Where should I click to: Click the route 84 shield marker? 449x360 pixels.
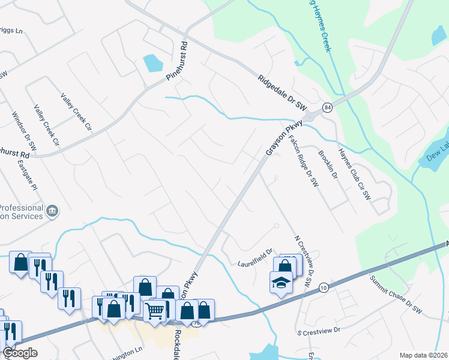(x=327, y=107)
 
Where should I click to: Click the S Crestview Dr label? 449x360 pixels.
(x=319, y=331)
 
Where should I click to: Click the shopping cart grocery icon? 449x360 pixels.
(x=155, y=311)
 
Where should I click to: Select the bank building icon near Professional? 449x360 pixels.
(x=52, y=211)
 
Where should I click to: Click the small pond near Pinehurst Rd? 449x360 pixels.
(x=152, y=62)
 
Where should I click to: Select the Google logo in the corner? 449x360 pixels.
(x=20, y=353)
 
